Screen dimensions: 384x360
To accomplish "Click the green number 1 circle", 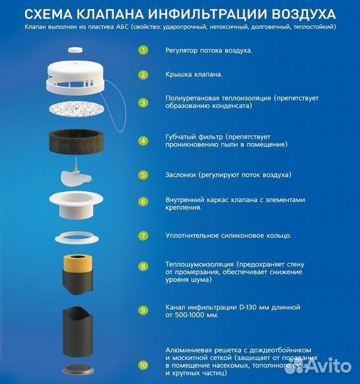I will (143, 51).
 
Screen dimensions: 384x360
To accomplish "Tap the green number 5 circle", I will (143, 174).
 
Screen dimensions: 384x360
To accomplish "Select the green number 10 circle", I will (143, 366).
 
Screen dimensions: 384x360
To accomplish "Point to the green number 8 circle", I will (143, 267).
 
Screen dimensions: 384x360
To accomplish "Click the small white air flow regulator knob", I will (75, 50).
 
